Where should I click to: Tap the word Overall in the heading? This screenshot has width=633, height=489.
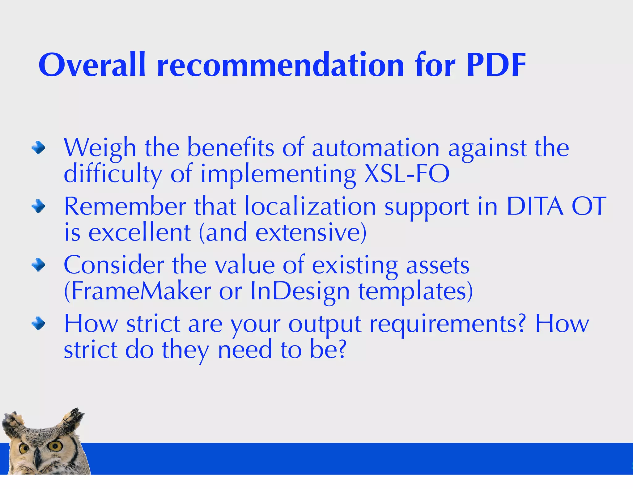pos(92,65)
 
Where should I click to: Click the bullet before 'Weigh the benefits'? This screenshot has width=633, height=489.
pos(38,147)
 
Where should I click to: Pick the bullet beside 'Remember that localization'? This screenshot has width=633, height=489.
pos(38,206)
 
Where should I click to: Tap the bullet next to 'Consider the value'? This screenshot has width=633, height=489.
pos(38,265)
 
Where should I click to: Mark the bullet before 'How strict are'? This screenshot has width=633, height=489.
pos(38,324)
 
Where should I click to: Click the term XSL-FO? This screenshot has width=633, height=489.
pos(407,174)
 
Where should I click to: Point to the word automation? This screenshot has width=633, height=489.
pos(376,148)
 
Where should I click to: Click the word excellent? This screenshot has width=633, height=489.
pos(139,232)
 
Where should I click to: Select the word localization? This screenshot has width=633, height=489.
pos(310,206)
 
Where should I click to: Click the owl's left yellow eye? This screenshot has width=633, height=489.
pos(23,449)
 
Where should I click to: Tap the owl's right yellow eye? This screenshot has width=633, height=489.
pos(56,446)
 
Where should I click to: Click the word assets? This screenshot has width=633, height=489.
pos(438,265)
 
